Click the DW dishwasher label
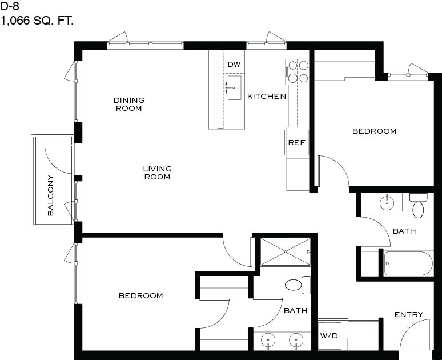coord(234,65)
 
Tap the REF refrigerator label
coord(296,142)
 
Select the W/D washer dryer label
coord(329,336)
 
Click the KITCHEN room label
coord(267,96)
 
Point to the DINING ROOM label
coord(129,104)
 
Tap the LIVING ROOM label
coord(157,173)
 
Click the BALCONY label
coord(50,195)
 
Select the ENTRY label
coord(409,314)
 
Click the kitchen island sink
coord(234,88)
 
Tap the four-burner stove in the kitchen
coord(298,71)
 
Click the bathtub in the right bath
coord(408,263)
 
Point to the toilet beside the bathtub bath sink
coord(419,205)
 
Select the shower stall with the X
coord(286,251)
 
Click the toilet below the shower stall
coord(298,285)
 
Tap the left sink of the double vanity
coord(268,340)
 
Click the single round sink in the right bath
coord(387,202)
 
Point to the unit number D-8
coord(10,6)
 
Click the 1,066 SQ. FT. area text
coord(37,21)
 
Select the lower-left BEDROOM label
coord(141,295)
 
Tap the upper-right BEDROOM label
coord(375,131)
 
